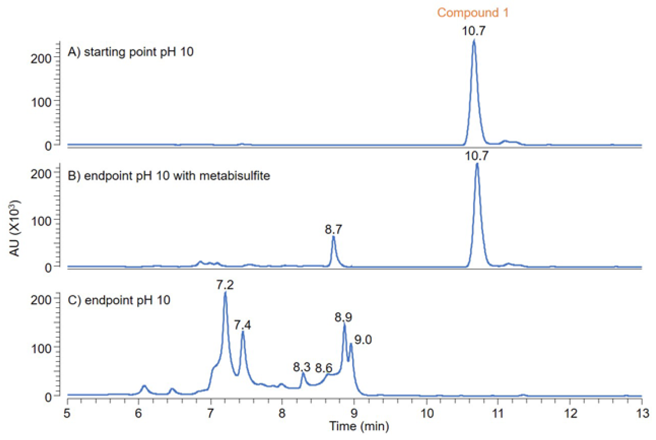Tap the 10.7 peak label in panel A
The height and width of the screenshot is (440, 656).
(473, 31)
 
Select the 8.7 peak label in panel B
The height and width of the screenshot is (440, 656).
(333, 230)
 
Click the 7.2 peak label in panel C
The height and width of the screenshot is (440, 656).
(225, 285)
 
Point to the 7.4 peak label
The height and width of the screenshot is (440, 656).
(242, 325)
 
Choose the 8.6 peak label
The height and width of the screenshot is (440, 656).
(324, 368)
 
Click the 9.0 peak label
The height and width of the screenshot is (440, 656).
(363, 340)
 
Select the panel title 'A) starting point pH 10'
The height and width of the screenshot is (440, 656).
(131, 52)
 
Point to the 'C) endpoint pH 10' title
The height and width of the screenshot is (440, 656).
(119, 300)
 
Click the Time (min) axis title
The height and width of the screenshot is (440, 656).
(359, 426)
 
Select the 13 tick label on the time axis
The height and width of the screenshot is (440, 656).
(642, 413)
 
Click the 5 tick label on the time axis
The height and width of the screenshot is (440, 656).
(67, 413)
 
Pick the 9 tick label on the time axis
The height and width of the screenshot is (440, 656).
(354, 413)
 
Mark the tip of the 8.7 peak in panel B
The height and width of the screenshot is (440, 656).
(333, 237)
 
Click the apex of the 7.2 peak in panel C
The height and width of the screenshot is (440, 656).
(225, 293)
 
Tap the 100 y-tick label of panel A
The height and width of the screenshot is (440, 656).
(41, 102)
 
